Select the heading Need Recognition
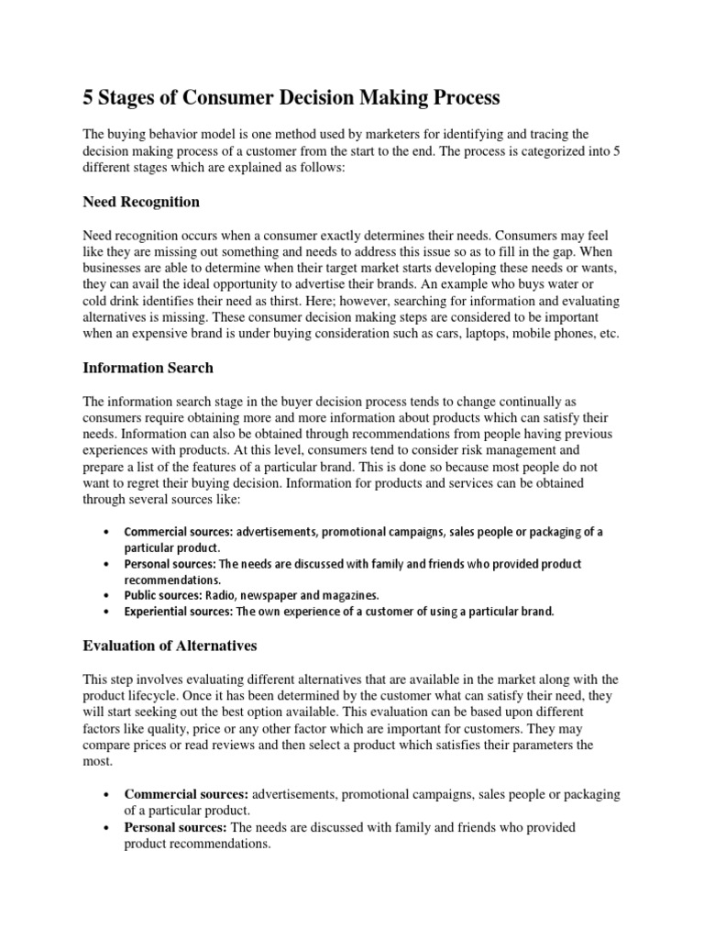141,201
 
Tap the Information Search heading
148,368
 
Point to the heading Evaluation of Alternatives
170,646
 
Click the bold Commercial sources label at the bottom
186,794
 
